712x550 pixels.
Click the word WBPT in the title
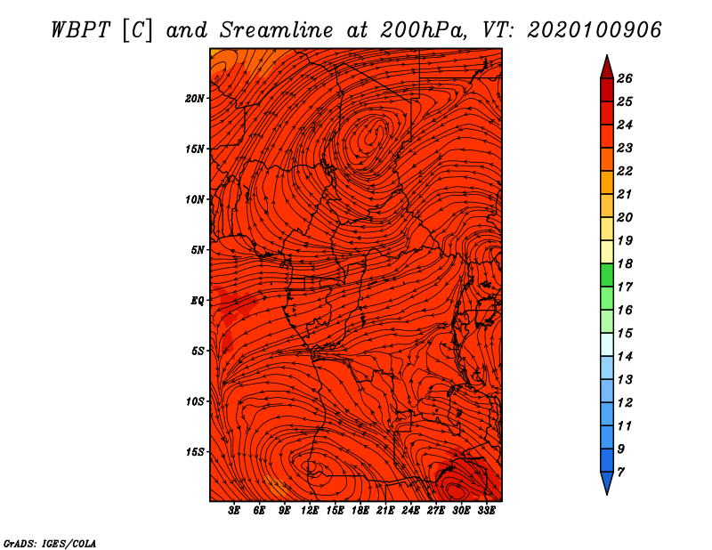pyautogui.click(x=80, y=30)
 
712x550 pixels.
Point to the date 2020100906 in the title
pyautogui.click(x=595, y=30)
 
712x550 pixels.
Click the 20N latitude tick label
pyautogui.click(x=195, y=99)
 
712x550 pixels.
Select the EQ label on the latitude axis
pyautogui.click(x=198, y=301)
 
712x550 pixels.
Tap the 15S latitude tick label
pyautogui.click(x=195, y=452)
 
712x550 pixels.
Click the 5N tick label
pyautogui.click(x=198, y=250)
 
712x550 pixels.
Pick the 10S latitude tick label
pyautogui.click(x=195, y=401)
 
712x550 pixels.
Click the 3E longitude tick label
pyautogui.click(x=234, y=511)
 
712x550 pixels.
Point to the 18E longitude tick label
pyautogui.click(x=360, y=511)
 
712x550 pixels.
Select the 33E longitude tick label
pyautogui.click(x=486, y=511)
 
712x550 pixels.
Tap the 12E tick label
pyautogui.click(x=310, y=511)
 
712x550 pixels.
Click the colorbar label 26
pyautogui.click(x=625, y=78)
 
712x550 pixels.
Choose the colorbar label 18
pyautogui.click(x=625, y=263)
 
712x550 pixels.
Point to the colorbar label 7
pyautogui.click(x=621, y=473)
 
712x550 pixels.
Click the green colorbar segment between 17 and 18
pyautogui.click(x=607, y=275)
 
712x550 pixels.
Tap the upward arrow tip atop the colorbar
pyautogui.click(x=607, y=55)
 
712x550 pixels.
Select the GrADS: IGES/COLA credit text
pyautogui.click(x=50, y=544)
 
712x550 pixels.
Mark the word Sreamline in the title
pyautogui.click(x=277, y=30)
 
